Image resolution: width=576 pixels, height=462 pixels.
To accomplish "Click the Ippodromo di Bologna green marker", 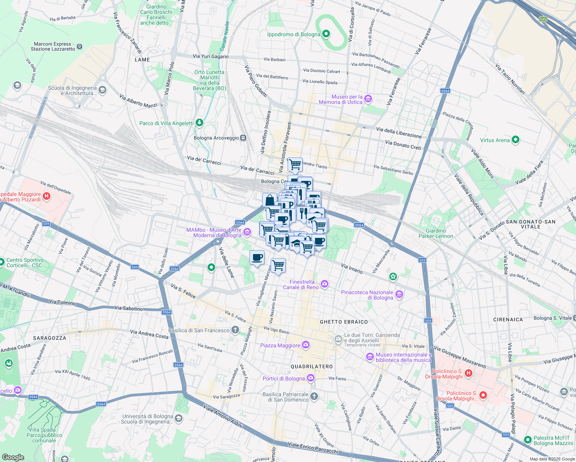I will click(x=326, y=34).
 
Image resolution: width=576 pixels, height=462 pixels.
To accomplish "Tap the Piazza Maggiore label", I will click(x=280, y=345).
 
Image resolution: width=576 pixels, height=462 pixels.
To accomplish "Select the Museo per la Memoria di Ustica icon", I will click(x=368, y=99).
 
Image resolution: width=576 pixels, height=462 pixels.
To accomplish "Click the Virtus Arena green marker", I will click(x=516, y=140).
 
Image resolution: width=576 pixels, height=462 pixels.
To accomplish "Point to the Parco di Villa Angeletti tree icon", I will click(x=199, y=123).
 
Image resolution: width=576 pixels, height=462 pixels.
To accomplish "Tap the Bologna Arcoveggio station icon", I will click(x=243, y=138).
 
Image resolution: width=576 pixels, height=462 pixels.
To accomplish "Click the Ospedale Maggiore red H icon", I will click(x=47, y=196).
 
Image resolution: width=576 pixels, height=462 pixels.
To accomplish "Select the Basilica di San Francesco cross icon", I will click(x=235, y=330).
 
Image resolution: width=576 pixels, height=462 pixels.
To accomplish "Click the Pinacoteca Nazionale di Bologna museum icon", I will click(x=399, y=295).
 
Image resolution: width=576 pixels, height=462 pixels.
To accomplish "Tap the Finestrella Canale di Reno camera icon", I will click(x=325, y=284).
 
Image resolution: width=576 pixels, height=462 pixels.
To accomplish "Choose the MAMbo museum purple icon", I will click(x=247, y=232).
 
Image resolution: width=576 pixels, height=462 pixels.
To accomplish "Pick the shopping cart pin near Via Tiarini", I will click(x=295, y=164).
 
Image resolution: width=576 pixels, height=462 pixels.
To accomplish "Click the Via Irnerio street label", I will click(x=352, y=268).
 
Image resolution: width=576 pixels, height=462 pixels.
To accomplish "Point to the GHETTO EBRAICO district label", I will click(x=344, y=322).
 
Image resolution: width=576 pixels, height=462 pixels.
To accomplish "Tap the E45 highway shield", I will click(x=543, y=19).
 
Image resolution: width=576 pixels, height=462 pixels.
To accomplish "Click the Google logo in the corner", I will click(x=13, y=457).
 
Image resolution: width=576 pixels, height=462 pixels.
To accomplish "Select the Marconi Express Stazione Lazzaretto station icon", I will click(x=80, y=47).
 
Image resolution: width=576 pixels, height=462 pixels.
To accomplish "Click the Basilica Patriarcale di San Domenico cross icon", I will click(x=314, y=397).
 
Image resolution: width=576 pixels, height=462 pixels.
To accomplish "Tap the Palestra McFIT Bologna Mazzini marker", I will click(x=527, y=440).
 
